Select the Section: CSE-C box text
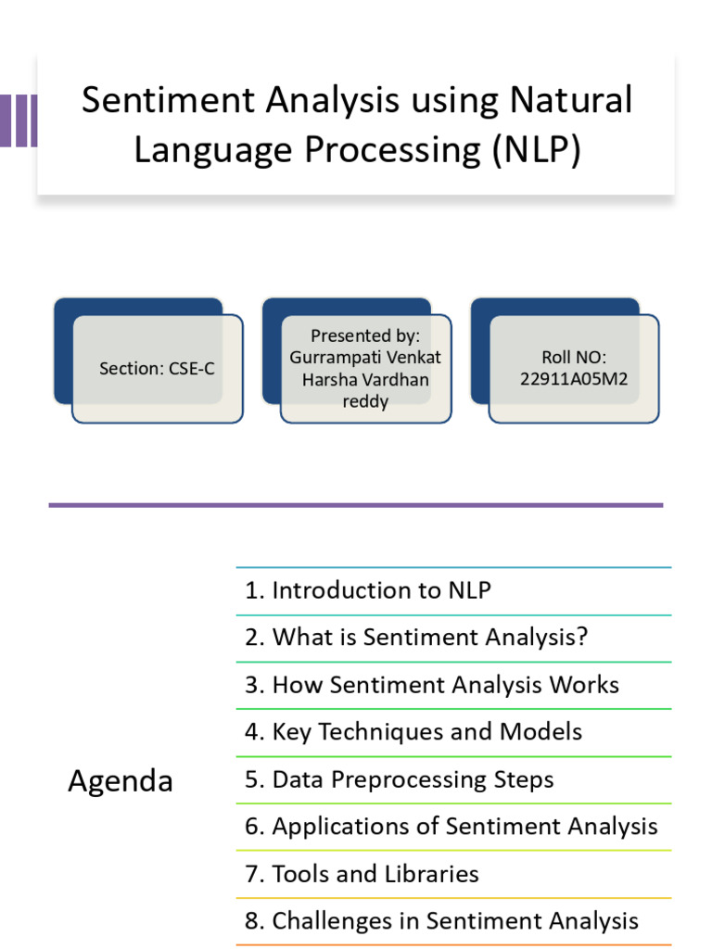pos(157,368)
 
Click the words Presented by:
pos(365,335)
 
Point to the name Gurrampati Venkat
pos(365,357)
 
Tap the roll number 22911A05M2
pos(574,379)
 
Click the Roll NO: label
pos(574,357)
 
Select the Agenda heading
pos(121,781)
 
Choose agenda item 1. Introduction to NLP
pos(367,590)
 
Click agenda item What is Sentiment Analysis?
pos(416,638)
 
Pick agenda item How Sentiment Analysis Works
pos(431,685)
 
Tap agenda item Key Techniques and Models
pos(413,732)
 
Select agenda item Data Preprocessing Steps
pos(399,779)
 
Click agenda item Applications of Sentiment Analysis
pos(451,827)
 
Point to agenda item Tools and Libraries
pos(362,874)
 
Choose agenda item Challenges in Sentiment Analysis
pos(441,921)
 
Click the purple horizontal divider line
pos(356,505)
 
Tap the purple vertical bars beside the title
pos(19,120)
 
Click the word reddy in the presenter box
pos(365,401)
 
